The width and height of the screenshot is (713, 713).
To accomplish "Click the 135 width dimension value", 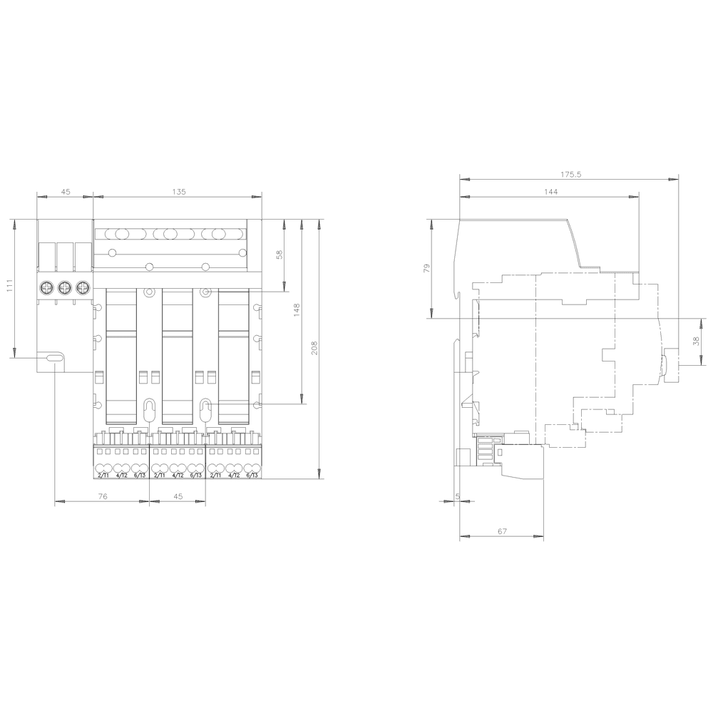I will (178, 192).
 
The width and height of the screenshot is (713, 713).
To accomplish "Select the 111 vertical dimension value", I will (9, 287).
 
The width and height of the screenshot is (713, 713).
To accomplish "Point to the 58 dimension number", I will (279, 254).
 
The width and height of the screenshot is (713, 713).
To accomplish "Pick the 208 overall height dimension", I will (314, 347).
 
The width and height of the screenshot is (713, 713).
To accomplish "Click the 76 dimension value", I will (102, 496).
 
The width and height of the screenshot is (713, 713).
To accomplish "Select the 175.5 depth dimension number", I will (571, 174).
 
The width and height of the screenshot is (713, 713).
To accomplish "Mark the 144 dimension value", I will (550, 192).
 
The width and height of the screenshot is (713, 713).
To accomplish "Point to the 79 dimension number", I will (427, 268).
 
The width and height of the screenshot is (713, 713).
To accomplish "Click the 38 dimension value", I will (696, 342).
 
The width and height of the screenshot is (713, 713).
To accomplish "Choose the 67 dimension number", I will (502, 531).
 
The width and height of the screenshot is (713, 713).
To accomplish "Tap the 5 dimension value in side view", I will (457, 495).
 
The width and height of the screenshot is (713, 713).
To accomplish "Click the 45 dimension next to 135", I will (65, 192).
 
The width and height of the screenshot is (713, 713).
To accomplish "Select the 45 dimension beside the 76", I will (178, 496).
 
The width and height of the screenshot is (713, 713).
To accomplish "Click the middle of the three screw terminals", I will (65, 287).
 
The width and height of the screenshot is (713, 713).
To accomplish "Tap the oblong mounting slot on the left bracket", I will (53, 359).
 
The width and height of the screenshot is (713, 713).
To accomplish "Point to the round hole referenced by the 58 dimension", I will (205, 292).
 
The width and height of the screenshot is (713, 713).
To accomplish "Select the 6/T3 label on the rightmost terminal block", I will (251, 475).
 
